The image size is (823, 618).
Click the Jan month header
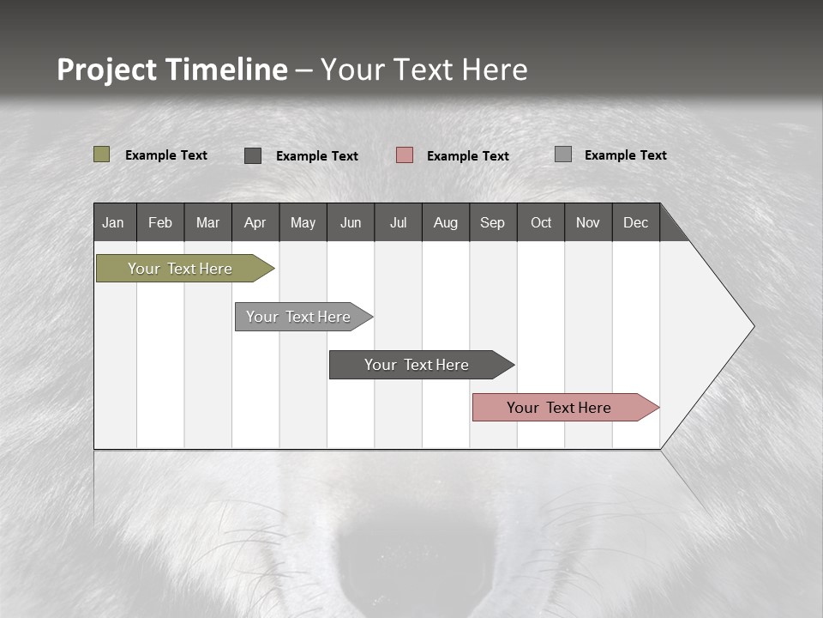tap(113, 222)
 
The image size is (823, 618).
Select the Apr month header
tap(255, 222)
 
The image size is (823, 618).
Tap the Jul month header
tap(398, 222)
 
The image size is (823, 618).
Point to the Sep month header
tap(492, 222)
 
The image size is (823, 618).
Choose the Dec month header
tap(635, 222)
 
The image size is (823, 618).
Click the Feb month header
tap(160, 222)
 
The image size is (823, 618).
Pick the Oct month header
tap(541, 222)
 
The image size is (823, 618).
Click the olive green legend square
tap(101, 154)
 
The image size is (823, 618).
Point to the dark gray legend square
tap(253, 155)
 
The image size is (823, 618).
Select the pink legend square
tap(405, 155)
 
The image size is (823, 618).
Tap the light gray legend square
tap(563, 154)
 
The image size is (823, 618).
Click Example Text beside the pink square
tap(467, 156)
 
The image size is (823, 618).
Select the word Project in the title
tap(107, 70)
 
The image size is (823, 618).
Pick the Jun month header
tap(351, 222)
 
